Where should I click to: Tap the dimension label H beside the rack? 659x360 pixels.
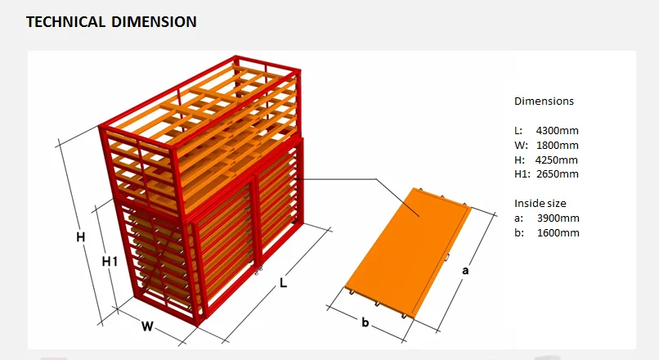81,237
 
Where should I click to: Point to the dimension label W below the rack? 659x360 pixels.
147,326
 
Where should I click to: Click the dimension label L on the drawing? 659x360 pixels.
283,283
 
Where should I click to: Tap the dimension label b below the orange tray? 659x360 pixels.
365,322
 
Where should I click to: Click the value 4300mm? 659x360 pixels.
558,130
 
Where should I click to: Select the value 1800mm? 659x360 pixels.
558,145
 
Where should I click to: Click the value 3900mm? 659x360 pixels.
558,218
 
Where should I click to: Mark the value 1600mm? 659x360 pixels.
558,233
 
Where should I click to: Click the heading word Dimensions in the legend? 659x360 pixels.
544,101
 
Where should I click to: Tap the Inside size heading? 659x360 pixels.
540,203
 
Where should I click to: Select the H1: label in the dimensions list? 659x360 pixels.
522,174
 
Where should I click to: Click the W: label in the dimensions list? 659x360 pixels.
521,145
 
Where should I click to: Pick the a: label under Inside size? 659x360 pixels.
518,218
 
